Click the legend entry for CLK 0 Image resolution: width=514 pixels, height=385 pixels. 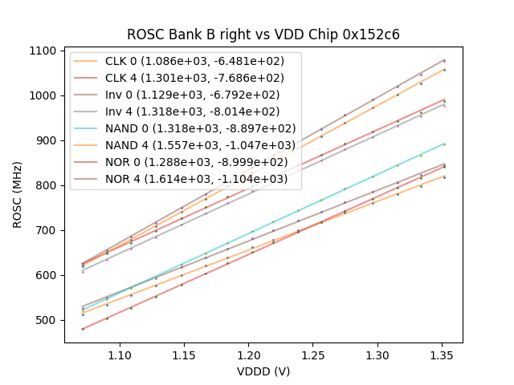(x=186, y=62)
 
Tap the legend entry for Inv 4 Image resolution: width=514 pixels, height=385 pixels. (x=186, y=111)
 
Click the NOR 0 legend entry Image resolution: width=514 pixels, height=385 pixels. (x=186, y=162)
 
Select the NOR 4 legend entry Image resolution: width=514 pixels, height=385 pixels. (x=186, y=179)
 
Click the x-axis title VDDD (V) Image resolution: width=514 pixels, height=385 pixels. (x=263, y=371)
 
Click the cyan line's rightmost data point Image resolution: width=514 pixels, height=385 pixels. (x=444, y=144)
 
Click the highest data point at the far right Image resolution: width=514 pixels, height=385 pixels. (x=444, y=60)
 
